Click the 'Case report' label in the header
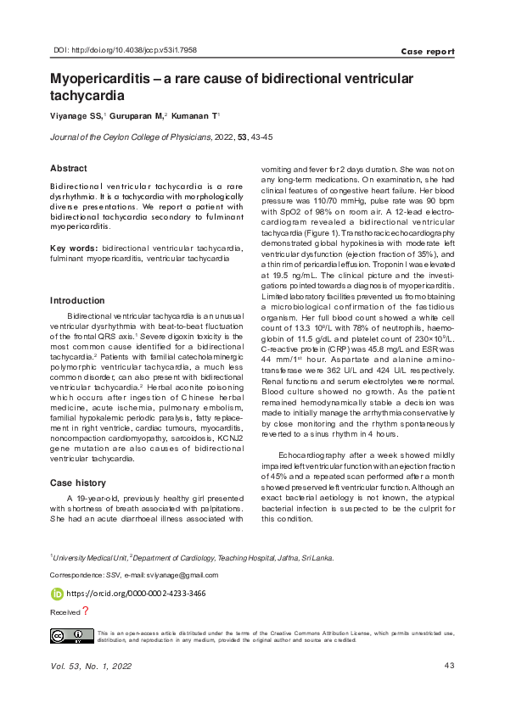click(x=428, y=52)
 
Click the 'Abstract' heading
click(x=69, y=169)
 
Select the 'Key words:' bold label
click(x=72, y=248)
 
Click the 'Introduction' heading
click(x=77, y=300)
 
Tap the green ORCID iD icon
click(x=57, y=594)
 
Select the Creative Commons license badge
click(x=71, y=636)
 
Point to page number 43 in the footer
click(x=449, y=666)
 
